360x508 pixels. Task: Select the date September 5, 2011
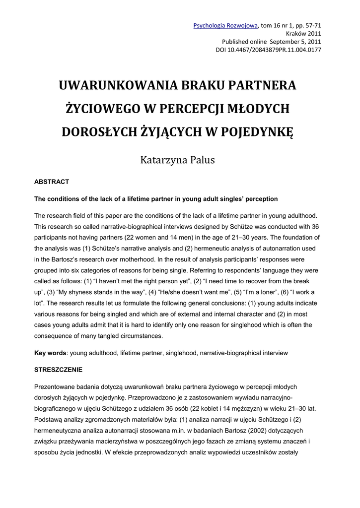[x=294, y=42]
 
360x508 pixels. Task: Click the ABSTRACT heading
[x=51, y=182]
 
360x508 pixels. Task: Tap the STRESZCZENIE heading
[x=58, y=370]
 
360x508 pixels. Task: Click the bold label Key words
[x=50, y=353]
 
